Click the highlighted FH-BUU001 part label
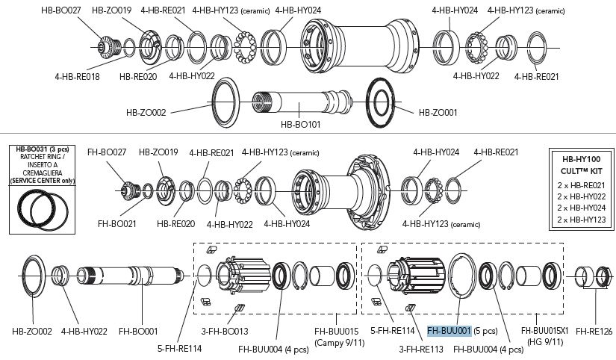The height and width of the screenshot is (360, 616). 449,330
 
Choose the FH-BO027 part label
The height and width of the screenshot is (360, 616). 106,152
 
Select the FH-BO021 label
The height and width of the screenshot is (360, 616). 117,223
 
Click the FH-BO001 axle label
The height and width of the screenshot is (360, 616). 138,329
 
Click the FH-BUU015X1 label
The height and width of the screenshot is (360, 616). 544,329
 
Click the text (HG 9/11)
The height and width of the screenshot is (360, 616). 544,341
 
